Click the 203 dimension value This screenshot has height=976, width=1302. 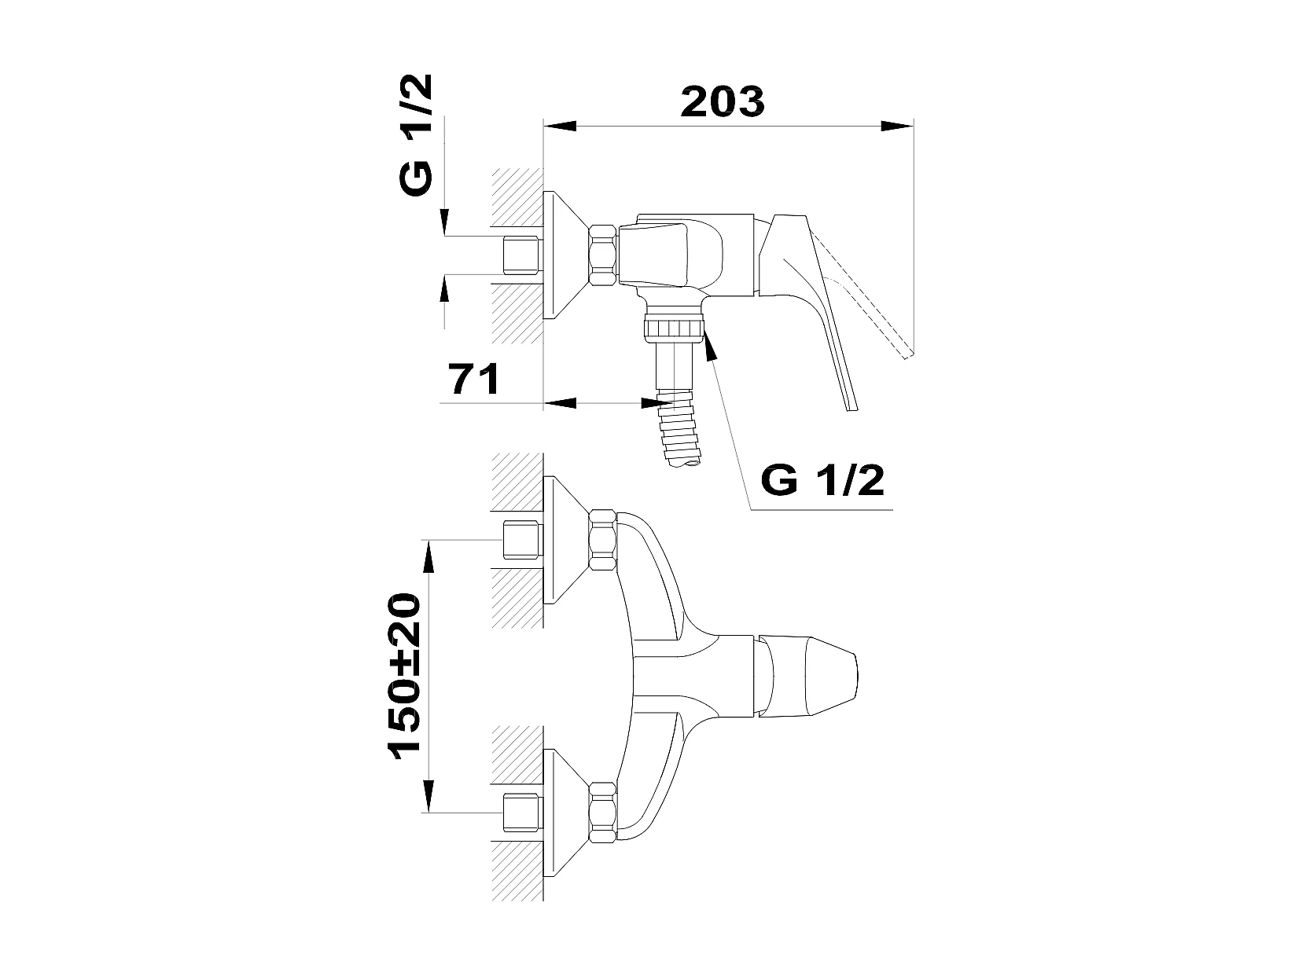pyautogui.click(x=722, y=101)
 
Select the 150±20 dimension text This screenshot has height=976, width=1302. pyautogui.click(x=404, y=676)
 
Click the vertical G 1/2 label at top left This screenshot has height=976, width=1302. pyautogui.click(x=415, y=134)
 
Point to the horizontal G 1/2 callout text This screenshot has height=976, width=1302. pyautogui.click(x=822, y=480)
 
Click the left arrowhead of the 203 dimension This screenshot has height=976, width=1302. pyautogui.click(x=560, y=126)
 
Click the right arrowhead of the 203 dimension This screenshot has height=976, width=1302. pyautogui.click(x=897, y=126)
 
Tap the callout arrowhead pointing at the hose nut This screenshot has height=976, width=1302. pyautogui.click(x=710, y=346)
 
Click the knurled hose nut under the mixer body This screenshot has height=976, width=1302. pyautogui.click(x=674, y=328)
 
